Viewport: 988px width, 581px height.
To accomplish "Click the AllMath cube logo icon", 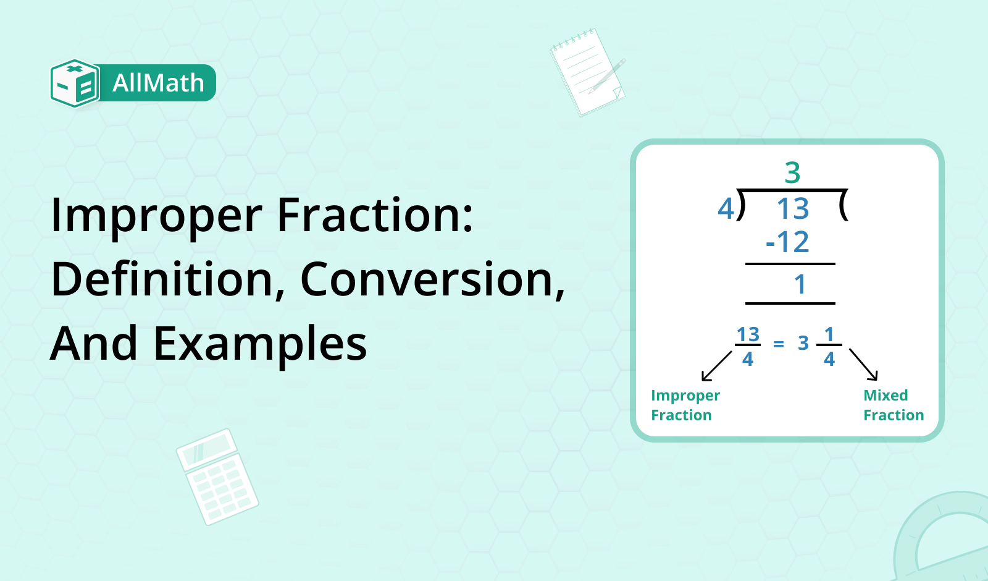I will tap(75, 83).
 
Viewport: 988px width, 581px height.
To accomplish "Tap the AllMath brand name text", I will tap(158, 83).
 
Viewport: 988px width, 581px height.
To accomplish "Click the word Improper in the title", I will tap(157, 216).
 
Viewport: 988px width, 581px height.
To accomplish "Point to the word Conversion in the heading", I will tap(432, 280).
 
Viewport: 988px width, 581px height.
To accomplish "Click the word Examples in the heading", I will tap(260, 344).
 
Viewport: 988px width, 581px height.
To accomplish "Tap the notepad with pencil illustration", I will tap(587, 72).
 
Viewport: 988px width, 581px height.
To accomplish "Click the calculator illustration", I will tap(217, 477).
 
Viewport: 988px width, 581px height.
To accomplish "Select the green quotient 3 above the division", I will tap(792, 172).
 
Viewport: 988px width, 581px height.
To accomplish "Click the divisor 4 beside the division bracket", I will tap(726, 208).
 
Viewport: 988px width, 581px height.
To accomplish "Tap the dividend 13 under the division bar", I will tap(792, 209).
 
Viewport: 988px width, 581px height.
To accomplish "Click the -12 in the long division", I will tap(788, 242).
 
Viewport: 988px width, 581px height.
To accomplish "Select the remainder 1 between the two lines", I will tap(800, 284).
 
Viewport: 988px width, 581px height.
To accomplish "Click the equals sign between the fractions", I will tap(779, 344).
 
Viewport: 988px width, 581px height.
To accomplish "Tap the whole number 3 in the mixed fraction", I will tap(803, 344).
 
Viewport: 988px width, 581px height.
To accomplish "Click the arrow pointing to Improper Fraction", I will tap(716, 366).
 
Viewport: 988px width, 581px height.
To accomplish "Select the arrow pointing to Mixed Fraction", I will tap(863, 364).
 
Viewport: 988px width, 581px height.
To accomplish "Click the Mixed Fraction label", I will tap(893, 405).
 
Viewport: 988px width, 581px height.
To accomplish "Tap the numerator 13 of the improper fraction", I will tap(748, 334).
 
